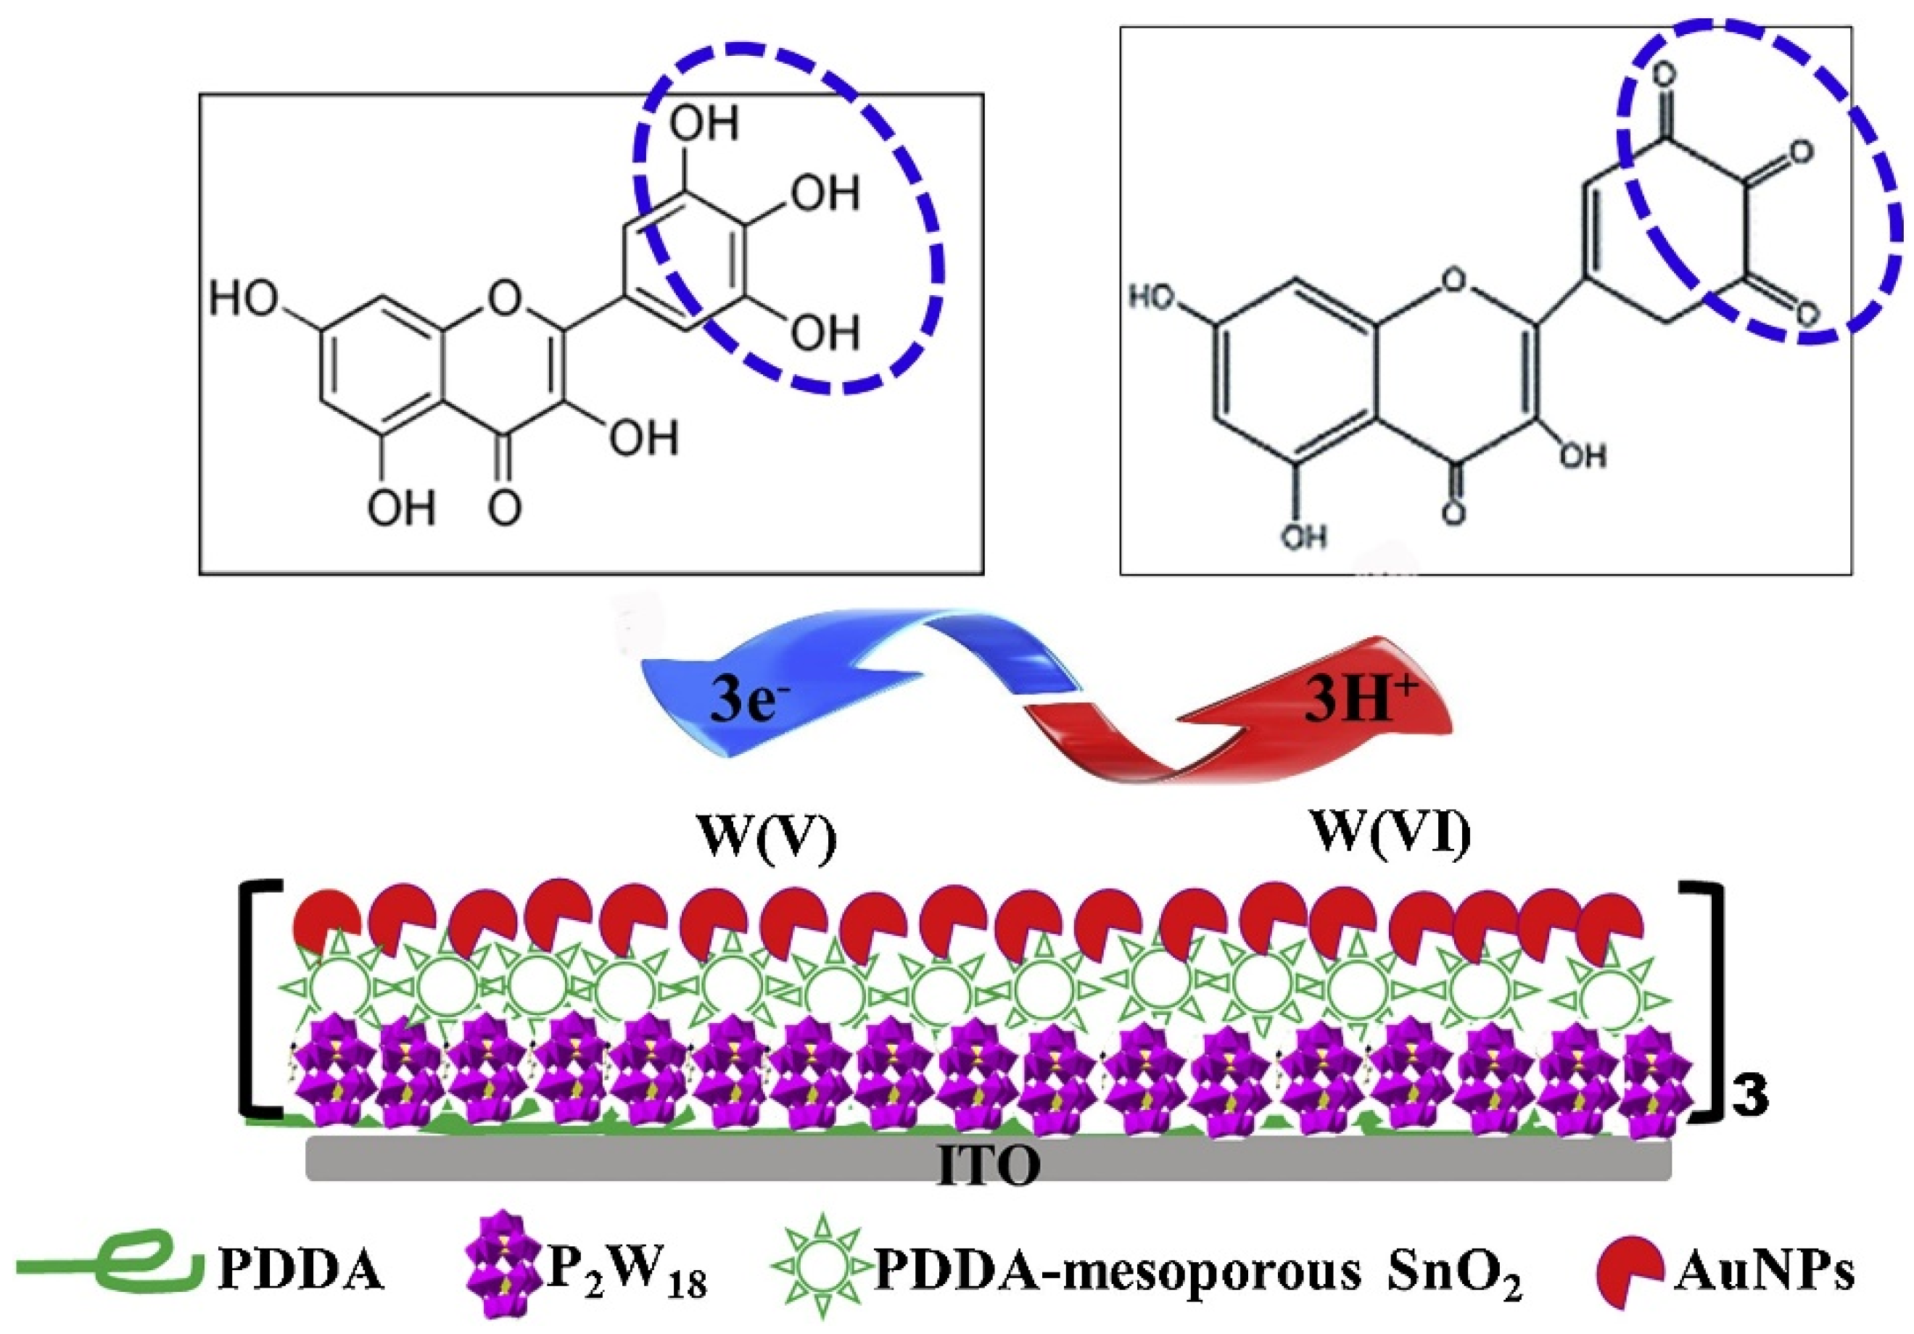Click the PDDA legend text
(x=301, y=1272)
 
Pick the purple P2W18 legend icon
(x=503, y=1272)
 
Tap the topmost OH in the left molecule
(x=704, y=123)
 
